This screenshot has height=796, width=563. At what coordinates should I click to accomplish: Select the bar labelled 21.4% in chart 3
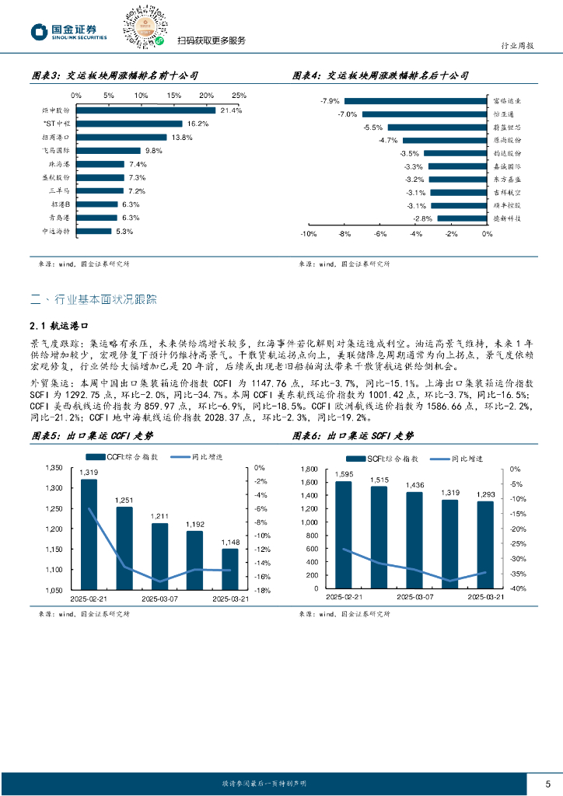click(x=145, y=110)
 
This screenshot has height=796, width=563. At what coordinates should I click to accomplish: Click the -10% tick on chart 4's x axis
click(x=307, y=234)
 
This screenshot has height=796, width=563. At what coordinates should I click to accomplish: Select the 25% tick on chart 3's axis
click(x=239, y=95)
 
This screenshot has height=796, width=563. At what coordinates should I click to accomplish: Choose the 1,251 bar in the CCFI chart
click(x=124, y=548)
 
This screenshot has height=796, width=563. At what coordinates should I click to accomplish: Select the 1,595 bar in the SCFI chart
click(x=343, y=534)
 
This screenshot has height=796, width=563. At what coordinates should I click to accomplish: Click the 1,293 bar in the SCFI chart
click(x=484, y=544)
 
